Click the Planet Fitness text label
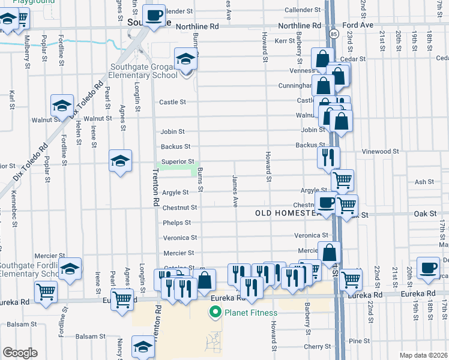tap(251, 313)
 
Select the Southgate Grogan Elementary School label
tap(143, 71)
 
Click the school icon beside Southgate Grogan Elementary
tap(186, 60)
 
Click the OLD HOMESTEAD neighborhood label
tap(285, 213)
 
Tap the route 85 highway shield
tap(333, 35)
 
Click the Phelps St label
tap(176, 223)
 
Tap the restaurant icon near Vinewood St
tap(328, 157)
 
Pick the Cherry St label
tap(317, 347)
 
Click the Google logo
tap(19, 353)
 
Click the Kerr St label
tap(285, 41)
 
